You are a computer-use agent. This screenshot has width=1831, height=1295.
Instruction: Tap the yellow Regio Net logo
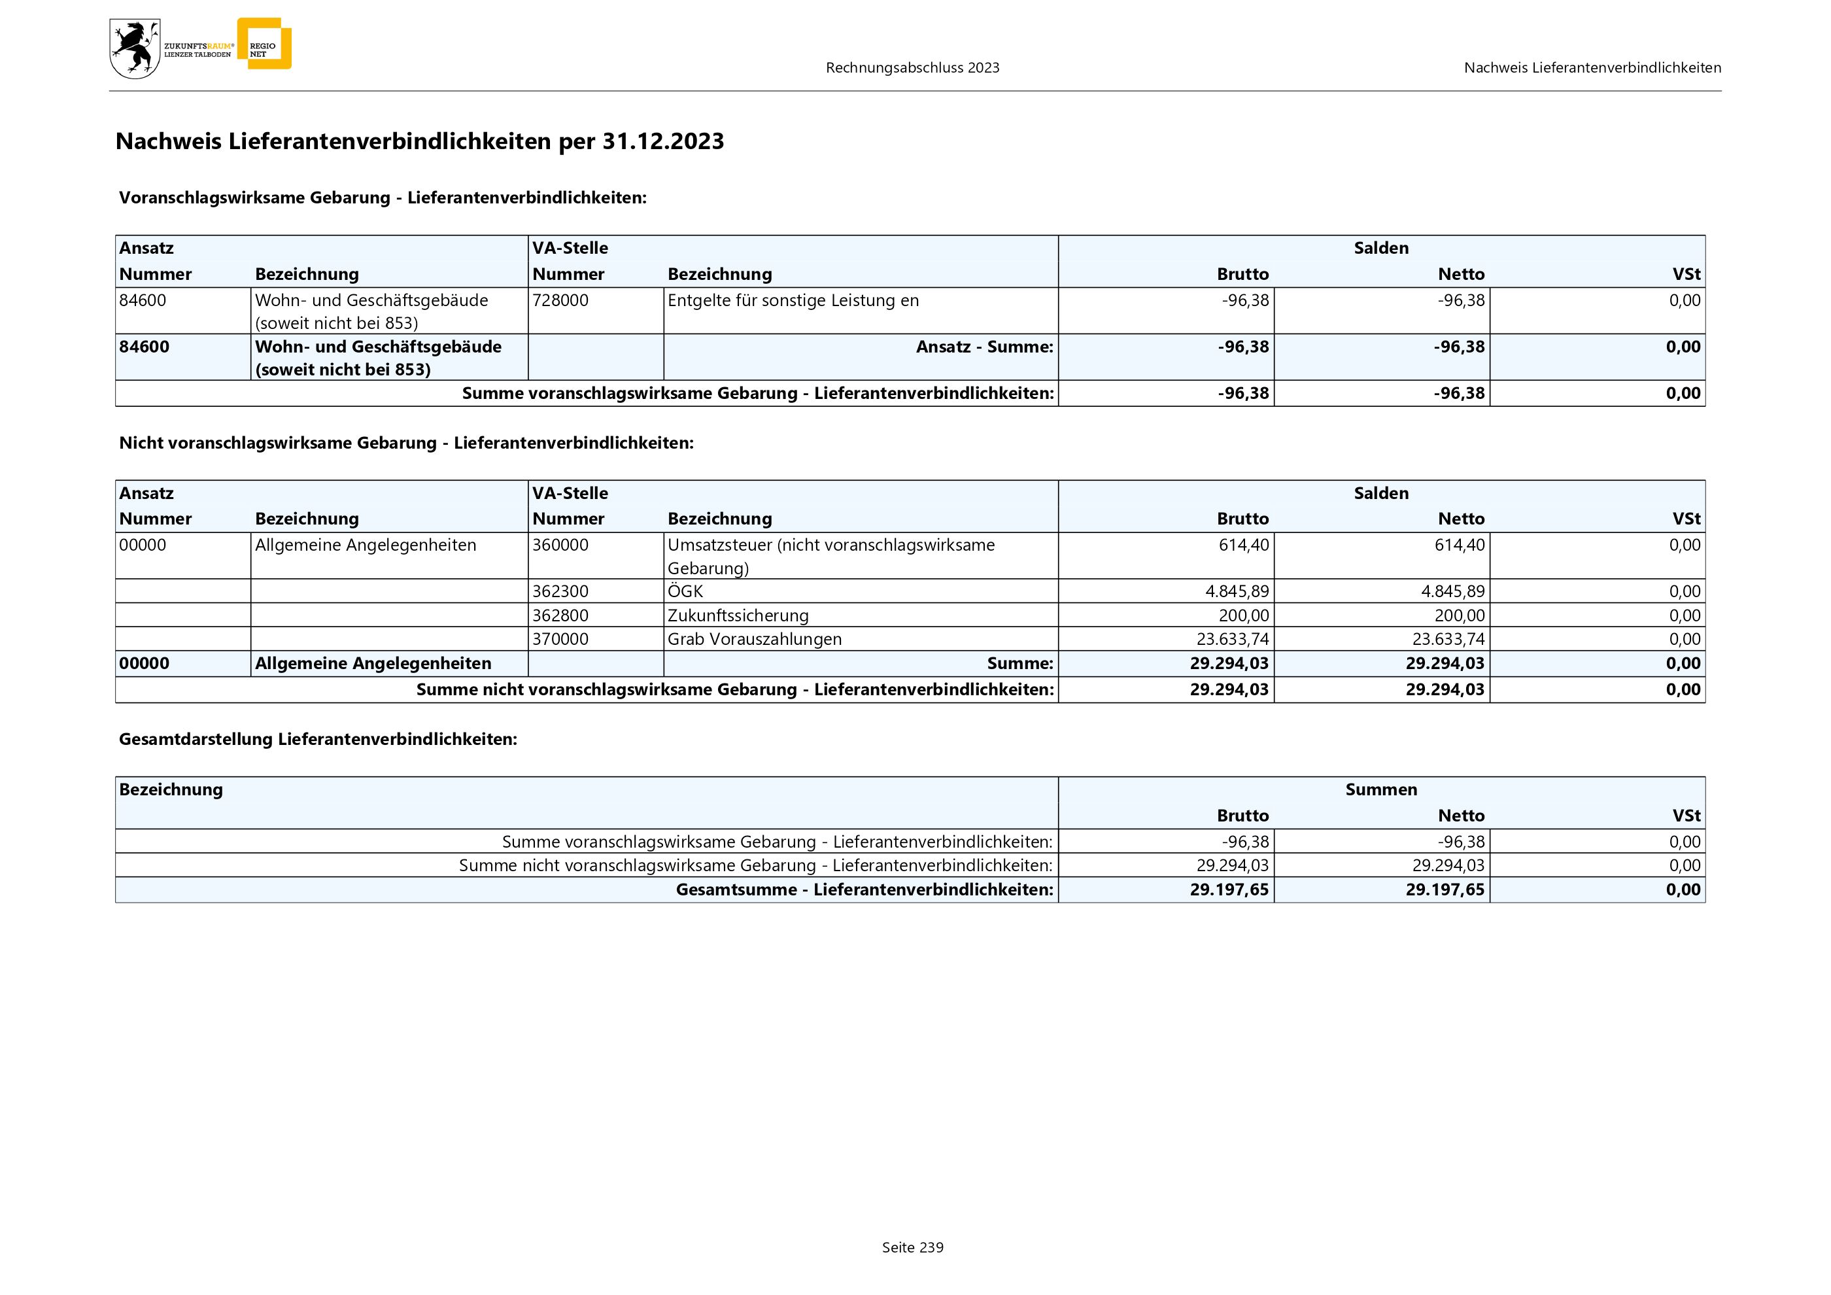(265, 44)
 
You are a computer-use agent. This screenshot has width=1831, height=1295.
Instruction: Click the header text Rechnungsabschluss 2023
(912, 68)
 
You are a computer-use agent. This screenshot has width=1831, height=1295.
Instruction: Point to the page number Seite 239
(912, 1247)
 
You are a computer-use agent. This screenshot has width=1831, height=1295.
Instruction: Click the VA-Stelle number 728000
(560, 301)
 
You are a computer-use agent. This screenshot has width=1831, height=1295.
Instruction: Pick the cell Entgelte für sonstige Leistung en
(793, 301)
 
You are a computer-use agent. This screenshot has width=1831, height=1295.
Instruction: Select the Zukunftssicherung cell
(738, 615)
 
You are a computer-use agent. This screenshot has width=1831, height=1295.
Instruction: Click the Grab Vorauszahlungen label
(755, 640)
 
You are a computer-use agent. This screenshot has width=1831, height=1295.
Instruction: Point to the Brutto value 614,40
(1243, 545)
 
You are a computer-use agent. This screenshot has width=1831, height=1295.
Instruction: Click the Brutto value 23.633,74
(1232, 640)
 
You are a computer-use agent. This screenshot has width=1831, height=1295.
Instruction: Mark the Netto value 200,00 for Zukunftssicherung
(1460, 615)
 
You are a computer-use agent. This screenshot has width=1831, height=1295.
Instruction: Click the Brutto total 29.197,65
(1229, 890)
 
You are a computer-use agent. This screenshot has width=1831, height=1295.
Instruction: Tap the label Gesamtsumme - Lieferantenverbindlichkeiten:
(864, 890)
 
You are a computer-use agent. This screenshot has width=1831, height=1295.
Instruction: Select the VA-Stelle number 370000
(560, 640)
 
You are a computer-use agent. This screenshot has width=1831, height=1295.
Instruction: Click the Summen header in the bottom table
(1380, 789)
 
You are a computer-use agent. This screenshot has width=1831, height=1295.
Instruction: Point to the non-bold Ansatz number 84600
(143, 301)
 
